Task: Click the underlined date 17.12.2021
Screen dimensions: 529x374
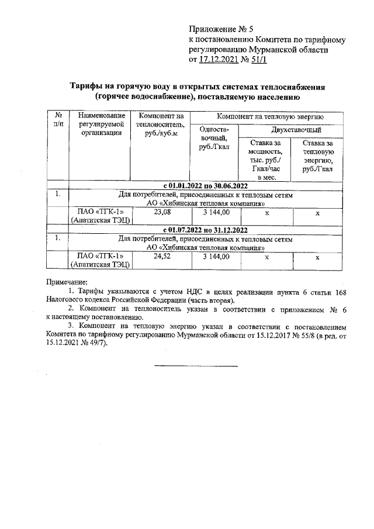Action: point(219,59)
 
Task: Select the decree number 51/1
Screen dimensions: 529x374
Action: point(259,59)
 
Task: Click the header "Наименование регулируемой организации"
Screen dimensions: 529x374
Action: point(101,125)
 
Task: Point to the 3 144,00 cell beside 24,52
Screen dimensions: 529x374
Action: point(216,255)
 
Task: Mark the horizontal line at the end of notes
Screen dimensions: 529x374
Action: point(196,366)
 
